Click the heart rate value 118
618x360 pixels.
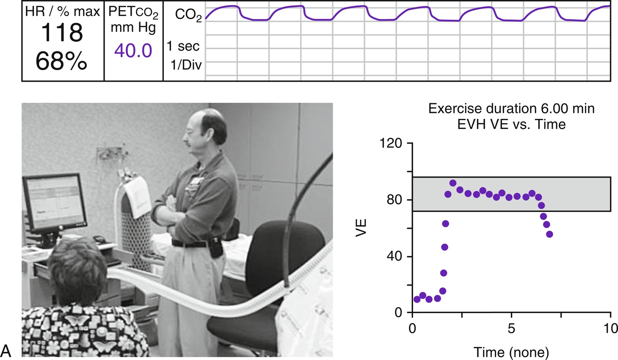(62, 33)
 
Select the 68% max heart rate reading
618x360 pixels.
(62, 61)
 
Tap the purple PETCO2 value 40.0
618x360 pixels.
(133, 51)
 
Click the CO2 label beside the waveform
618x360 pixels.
(188, 15)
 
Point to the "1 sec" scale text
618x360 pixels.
(183, 46)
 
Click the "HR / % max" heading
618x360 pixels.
(62, 11)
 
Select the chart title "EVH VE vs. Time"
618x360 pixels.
(511, 124)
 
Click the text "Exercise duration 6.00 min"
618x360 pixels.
(511, 109)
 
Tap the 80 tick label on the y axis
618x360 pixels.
(394, 200)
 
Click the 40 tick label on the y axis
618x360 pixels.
(394, 256)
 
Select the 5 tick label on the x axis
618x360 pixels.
(511, 328)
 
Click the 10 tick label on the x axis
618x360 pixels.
(610, 328)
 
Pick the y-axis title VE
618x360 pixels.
(361, 228)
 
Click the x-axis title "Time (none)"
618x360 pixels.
(511, 352)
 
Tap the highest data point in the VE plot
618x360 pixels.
(453, 183)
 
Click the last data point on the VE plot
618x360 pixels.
(549, 234)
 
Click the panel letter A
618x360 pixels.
(6, 351)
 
